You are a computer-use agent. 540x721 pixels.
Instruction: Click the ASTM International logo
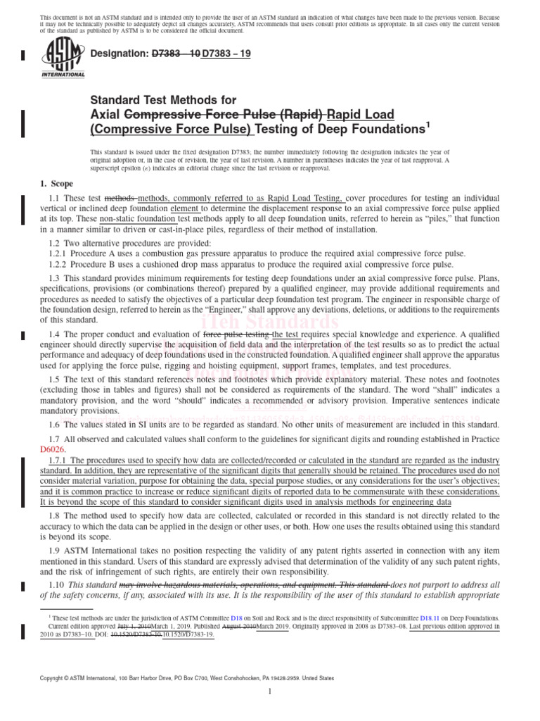click(x=64, y=59)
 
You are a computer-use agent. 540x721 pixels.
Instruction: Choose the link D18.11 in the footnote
click(x=434, y=615)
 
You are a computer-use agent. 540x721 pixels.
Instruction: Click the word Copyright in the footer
click(x=57, y=678)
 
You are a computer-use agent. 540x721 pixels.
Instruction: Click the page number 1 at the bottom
click(x=269, y=693)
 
